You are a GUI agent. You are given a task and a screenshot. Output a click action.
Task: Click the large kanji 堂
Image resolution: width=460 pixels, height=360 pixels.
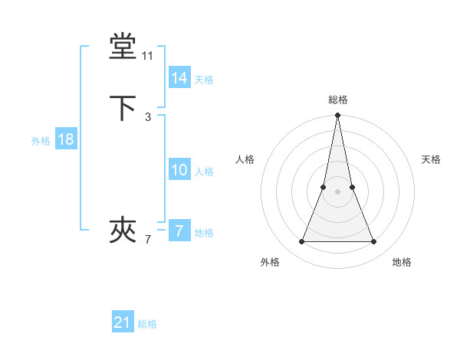pyautogui.click(x=123, y=47)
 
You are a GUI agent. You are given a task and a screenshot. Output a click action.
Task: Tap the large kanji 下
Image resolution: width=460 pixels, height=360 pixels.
pyautogui.click(x=123, y=108)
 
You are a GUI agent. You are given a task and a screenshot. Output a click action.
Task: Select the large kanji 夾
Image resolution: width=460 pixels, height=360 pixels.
pyautogui.click(x=123, y=229)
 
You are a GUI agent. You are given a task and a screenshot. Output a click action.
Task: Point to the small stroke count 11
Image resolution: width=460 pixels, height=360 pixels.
pyautogui.click(x=148, y=56)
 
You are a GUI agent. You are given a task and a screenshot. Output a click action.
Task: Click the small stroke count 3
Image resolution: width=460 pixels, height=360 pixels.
pyautogui.click(x=148, y=116)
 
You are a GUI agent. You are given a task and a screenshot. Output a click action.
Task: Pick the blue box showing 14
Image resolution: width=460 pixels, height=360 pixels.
pyautogui.click(x=179, y=78)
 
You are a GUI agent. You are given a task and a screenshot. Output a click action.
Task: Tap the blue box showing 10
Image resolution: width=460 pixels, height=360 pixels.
pyautogui.click(x=179, y=170)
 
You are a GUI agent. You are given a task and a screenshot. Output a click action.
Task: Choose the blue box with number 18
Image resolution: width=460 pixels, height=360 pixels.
pyautogui.click(x=65, y=139)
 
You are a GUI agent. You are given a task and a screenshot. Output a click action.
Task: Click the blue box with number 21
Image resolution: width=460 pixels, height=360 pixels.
pyautogui.click(x=123, y=322)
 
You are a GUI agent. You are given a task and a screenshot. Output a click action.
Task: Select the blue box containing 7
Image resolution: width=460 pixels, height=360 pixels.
pyautogui.click(x=179, y=231)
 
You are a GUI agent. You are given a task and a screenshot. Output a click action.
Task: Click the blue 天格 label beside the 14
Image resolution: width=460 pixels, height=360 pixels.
pyautogui.click(x=204, y=80)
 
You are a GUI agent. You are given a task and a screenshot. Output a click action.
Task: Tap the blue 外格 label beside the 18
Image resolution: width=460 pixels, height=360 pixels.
pyautogui.click(x=41, y=141)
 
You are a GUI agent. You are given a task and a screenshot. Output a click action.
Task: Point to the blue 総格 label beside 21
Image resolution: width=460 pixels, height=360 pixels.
pyautogui.click(x=147, y=324)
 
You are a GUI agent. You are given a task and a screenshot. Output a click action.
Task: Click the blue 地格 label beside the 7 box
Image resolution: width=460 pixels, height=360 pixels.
pyautogui.click(x=204, y=233)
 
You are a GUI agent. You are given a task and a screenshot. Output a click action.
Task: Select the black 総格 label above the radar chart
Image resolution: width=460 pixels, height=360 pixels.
pyautogui.click(x=338, y=100)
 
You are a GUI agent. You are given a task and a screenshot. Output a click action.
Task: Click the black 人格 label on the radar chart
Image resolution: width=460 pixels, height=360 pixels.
pyautogui.click(x=245, y=159)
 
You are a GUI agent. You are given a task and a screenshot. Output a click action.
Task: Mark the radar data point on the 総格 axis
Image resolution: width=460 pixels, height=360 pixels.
pyautogui.click(x=338, y=116)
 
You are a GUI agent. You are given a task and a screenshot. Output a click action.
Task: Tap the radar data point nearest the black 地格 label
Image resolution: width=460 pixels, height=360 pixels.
pyautogui.click(x=374, y=242)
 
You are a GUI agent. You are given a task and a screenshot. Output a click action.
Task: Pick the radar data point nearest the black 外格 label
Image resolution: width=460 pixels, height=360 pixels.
pyautogui.click(x=301, y=242)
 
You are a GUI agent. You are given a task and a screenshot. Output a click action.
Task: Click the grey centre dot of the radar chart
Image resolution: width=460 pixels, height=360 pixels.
pyautogui.click(x=338, y=191)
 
